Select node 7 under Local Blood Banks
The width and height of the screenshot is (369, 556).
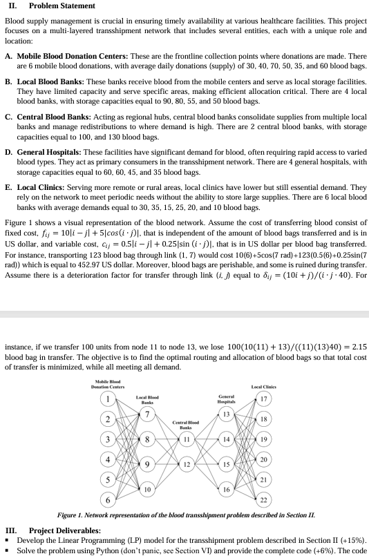click(x=146, y=413)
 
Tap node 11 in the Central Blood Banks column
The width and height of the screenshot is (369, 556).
click(x=186, y=439)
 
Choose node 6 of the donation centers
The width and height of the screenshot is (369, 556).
click(x=108, y=499)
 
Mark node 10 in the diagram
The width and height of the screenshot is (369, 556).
click(x=146, y=488)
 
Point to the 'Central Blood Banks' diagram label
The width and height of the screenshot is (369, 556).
click(x=186, y=422)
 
